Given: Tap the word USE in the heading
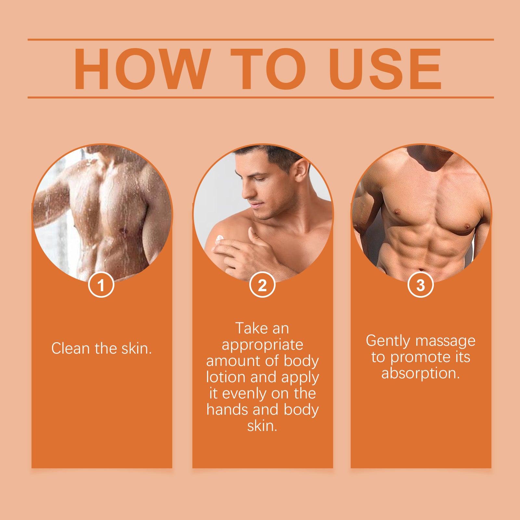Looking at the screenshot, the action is [385, 69].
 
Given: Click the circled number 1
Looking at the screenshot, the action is [101, 285].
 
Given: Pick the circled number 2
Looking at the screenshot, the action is [262, 285].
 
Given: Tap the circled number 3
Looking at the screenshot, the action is [421, 285].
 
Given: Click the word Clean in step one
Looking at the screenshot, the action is [71, 348].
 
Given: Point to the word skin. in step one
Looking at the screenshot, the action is [137, 348].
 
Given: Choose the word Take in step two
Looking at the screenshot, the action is [249, 328].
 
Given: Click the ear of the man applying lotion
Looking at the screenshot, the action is [301, 170].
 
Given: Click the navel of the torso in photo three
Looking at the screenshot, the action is [421, 269].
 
